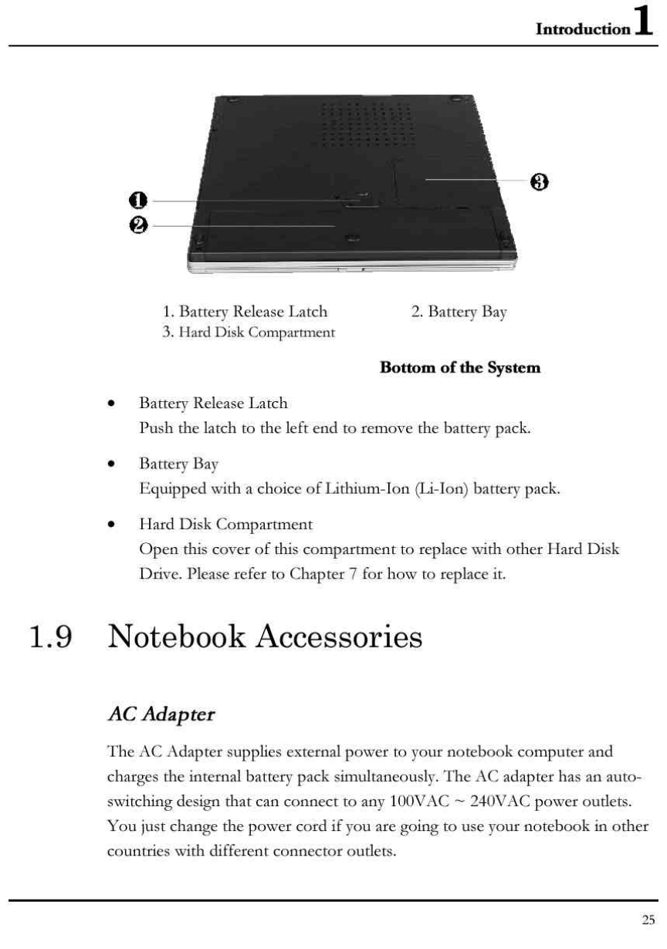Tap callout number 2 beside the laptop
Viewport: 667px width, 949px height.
click(137, 225)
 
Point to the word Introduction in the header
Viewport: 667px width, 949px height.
click(583, 29)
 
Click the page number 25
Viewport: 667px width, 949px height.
click(648, 919)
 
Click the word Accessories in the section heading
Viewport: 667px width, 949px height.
click(340, 637)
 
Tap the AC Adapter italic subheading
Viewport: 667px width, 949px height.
click(161, 714)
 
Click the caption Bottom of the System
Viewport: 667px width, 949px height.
click(460, 367)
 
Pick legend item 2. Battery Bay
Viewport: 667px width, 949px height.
click(459, 312)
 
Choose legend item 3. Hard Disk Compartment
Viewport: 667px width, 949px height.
click(249, 333)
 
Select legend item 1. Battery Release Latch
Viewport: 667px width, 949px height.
click(245, 312)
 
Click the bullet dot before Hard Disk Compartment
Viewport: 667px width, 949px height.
click(113, 525)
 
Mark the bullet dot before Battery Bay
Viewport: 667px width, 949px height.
click(113, 464)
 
